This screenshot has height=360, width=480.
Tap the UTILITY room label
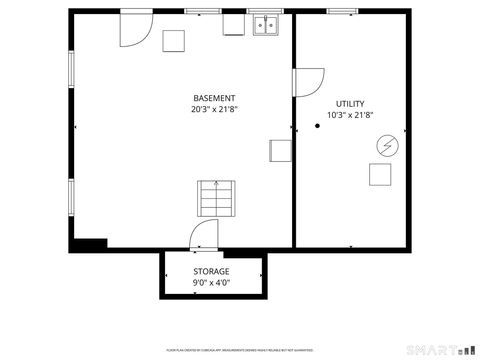coord(350,104)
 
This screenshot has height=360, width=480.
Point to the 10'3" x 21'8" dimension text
coord(350,115)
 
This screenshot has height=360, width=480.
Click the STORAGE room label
coord(211,271)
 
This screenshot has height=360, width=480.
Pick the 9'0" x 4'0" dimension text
coord(211,283)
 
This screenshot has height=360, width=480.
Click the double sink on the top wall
coord(266,26)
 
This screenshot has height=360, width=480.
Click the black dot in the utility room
coord(317,126)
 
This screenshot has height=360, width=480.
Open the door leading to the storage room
coord(203,236)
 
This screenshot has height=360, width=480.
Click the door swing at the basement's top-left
coord(133,29)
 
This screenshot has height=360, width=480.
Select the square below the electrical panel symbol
coord(380,174)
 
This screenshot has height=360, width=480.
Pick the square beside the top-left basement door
coord(175,41)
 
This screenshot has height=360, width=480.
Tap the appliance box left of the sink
coord(234,24)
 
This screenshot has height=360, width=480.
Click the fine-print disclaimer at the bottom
coord(239,351)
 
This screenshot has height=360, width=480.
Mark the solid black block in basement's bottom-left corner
coord(89,243)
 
